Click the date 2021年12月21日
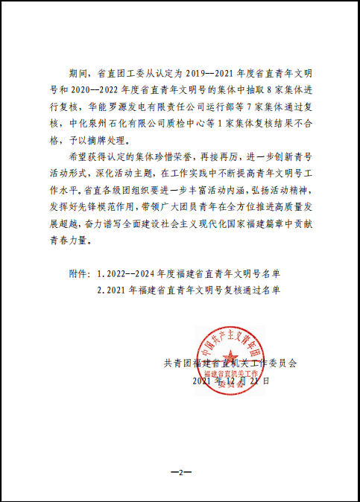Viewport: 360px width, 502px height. click(x=230, y=380)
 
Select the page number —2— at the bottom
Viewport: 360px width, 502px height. click(x=180, y=472)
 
